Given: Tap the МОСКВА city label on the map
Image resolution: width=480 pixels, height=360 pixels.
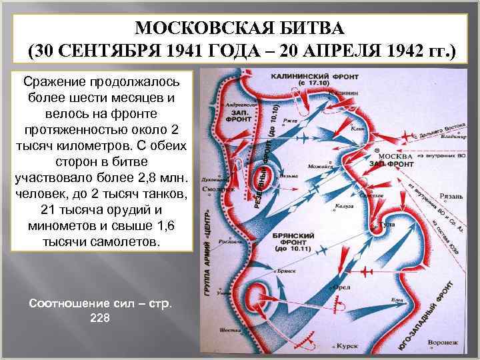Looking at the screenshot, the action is pyautogui.click(x=393, y=156).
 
